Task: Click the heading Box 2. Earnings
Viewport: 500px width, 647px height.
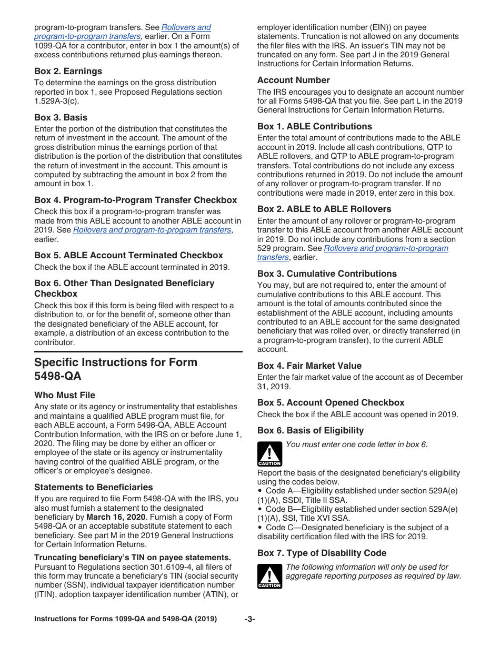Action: [x=68, y=71]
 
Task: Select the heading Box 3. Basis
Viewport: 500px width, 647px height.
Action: [x=61, y=117]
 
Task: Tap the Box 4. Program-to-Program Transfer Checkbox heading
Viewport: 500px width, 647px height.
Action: [x=135, y=200]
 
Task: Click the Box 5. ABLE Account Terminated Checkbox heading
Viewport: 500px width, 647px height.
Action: [x=128, y=255]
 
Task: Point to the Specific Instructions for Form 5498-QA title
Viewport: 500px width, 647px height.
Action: [x=116, y=369]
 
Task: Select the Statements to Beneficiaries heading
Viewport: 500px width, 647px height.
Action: [x=94, y=487]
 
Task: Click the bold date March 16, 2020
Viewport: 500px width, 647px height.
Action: [x=115, y=517]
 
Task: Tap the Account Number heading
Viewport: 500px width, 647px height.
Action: [x=294, y=80]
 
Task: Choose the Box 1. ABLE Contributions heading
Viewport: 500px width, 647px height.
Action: [x=314, y=126]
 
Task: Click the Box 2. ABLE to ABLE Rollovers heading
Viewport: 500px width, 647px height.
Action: [x=324, y=209]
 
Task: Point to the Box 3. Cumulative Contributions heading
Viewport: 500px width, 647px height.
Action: [x=327, y=274]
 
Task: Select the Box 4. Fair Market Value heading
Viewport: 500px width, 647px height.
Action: [x=309, y=366]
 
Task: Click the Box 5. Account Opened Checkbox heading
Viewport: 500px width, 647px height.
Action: [x=331, y=402]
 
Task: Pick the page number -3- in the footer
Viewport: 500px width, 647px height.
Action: [x=249, y=619]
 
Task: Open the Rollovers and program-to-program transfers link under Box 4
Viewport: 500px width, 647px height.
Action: [x=152, y=230]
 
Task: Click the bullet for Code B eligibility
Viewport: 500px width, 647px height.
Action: [x=260, y=509]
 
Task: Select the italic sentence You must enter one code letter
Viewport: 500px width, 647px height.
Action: [x=356, y=444]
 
